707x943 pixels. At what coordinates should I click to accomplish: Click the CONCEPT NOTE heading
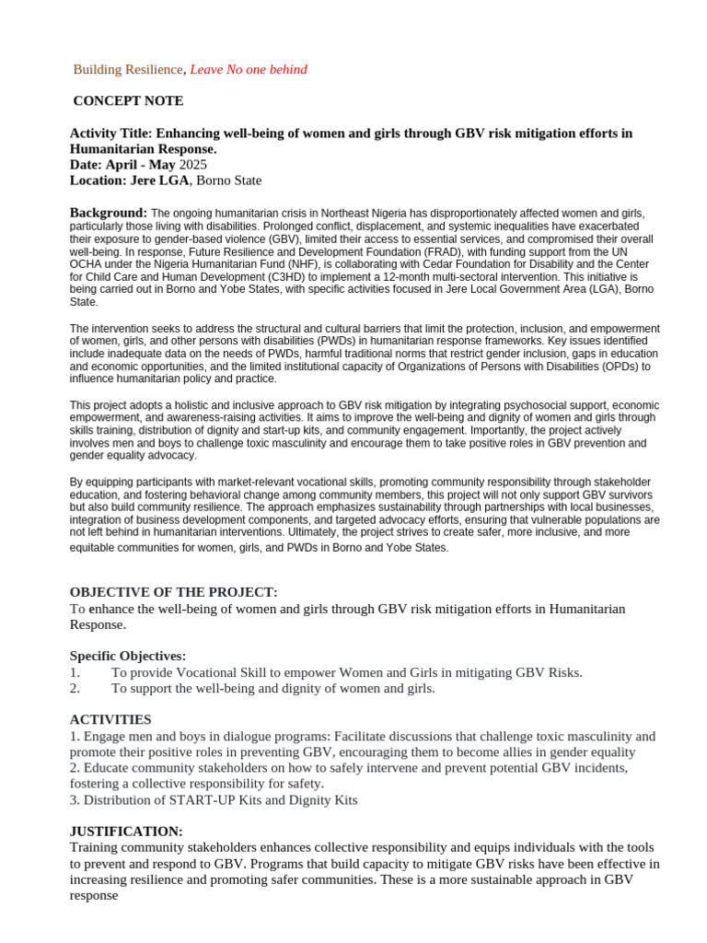click(x=128, y=101)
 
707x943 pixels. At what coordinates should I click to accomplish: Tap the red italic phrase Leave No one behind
click(x=249, y=70)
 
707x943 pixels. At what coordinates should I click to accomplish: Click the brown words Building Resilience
click(x=129, y=70)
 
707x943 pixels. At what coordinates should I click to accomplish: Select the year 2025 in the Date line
click(x=194, y=165)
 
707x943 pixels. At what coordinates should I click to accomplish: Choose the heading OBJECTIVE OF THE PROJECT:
click(x=174, y=592)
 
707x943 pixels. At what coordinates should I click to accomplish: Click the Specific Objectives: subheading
click(x=128, y=656)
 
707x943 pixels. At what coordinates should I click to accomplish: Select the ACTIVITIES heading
click(x=110, y=719)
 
